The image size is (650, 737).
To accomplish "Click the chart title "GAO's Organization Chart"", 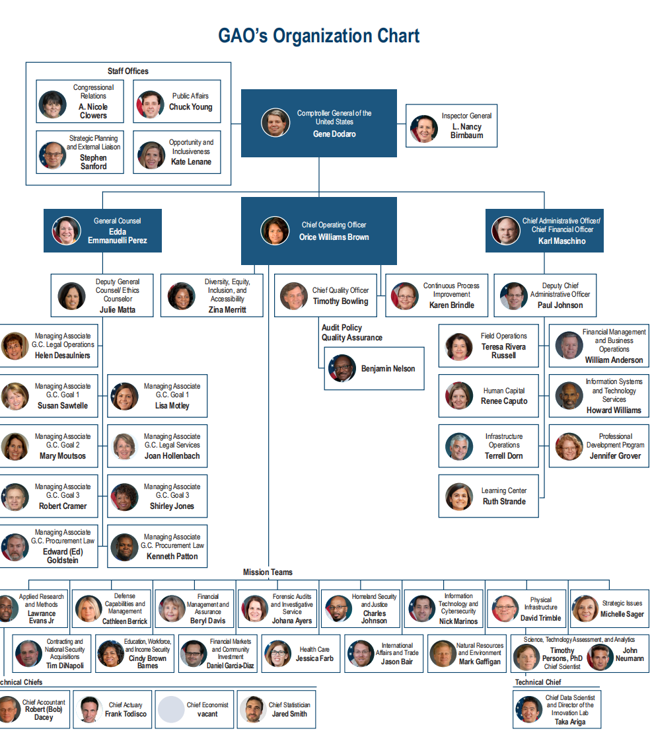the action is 318,36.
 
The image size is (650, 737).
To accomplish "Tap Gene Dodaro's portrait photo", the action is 275,123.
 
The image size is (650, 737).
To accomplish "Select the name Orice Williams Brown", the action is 334,237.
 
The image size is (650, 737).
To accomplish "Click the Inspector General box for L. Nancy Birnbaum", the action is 451,126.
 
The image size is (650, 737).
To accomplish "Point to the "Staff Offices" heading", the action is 128,71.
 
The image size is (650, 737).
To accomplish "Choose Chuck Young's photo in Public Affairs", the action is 150,104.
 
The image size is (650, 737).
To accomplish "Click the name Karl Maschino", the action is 561,241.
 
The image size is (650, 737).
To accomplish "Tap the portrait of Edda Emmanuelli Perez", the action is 66,231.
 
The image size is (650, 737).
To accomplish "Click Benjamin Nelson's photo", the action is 342,368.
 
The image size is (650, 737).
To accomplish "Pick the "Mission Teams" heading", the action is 268,572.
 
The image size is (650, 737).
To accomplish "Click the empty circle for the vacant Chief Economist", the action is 170,709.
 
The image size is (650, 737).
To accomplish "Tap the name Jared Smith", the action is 289,714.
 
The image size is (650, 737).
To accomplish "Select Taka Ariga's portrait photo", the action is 528,710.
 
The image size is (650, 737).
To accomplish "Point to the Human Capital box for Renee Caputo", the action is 489,395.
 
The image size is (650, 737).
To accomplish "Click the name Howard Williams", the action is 614,410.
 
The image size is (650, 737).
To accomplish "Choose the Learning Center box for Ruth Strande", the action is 489,496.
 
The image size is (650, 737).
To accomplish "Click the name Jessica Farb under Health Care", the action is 314,658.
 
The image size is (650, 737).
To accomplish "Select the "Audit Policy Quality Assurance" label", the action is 351,332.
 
